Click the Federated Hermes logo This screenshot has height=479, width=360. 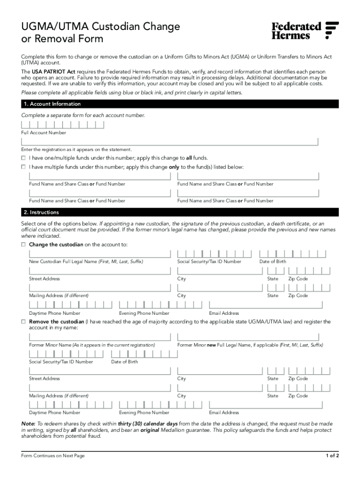click(305, 30)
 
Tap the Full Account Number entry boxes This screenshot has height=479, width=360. click(62, 125)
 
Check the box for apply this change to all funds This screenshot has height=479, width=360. click(23, 158)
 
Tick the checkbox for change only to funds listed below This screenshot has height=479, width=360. click(23, 167)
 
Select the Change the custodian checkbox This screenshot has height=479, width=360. click(23, 245)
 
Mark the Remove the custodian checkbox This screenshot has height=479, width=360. click(23, 322)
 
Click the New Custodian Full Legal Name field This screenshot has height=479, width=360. click(100, 254)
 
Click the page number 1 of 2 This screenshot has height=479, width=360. click(332, 456)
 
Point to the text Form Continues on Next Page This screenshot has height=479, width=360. click(53, 456)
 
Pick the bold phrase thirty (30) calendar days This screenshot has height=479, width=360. click(147, 423)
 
